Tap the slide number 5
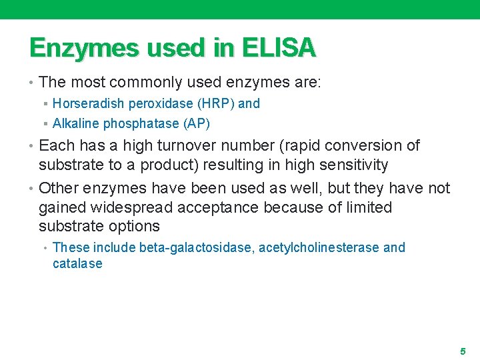pos(461,351)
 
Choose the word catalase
pos(77,263)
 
